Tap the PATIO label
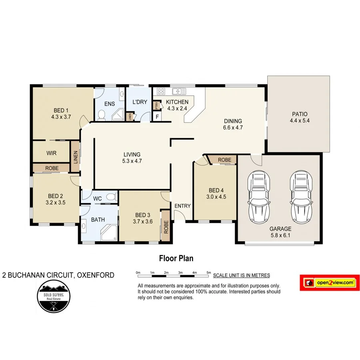(x=299, y=114)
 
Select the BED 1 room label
(x=61, y=110)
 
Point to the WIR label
(x=51, y=153)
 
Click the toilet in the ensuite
(x=101, y=116)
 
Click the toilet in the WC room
(x=112, y=197)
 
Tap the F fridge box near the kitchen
(x=157, y=117)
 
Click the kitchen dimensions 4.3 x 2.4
(x=177, y=108)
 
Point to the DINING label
(x=232, y=121)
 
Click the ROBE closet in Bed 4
(x=225, y=160)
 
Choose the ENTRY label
(x=182, y=206)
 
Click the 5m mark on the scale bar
(x=208, y=272)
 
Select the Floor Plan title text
(x=176, y=258)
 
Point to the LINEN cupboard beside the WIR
(x=75, y=157)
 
